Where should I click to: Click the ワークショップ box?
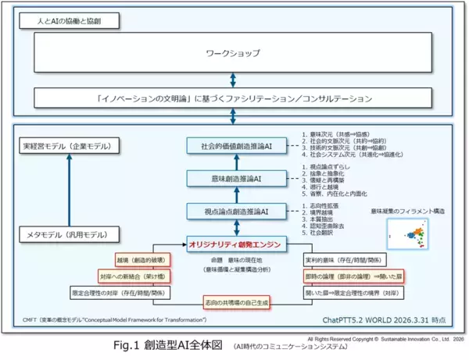coord(232,54)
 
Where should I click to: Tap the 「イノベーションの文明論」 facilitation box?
coord(232,98)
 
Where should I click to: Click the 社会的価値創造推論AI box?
coord(234,146)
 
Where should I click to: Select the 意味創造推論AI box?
coord(234,179)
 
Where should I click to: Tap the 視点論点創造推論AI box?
coord(234,211)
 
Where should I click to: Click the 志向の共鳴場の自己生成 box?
coord(234,302)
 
